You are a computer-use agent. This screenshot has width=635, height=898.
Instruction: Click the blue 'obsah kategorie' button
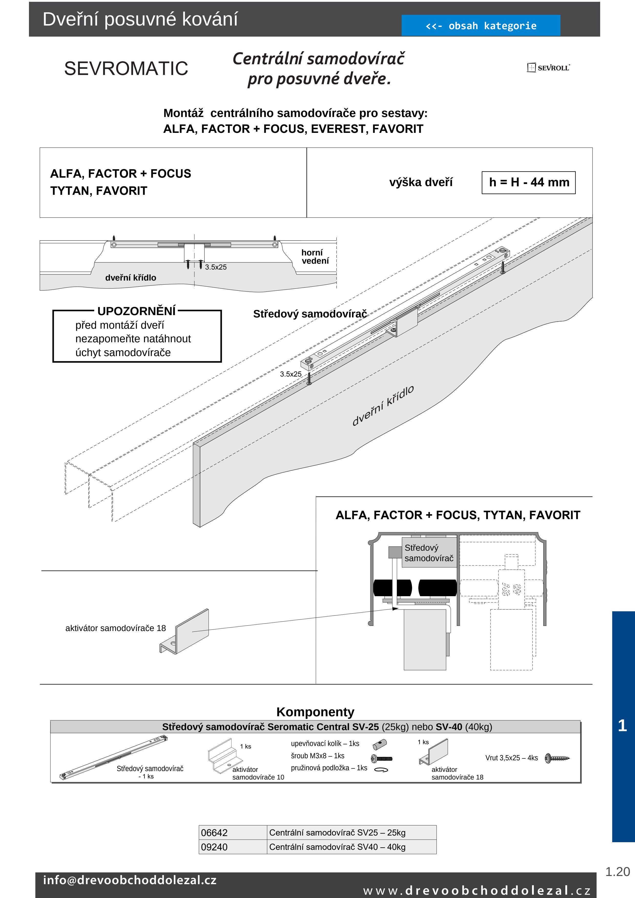[481, 26]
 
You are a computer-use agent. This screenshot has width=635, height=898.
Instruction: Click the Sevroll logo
[548, 68]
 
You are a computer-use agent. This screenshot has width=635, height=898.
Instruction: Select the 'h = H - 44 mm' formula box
[529, 182]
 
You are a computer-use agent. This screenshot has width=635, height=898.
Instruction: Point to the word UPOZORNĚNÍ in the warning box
[137, 311]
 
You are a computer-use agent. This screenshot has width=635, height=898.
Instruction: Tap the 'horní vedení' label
[315, 256]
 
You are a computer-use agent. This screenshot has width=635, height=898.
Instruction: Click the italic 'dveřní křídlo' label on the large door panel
[383, 405]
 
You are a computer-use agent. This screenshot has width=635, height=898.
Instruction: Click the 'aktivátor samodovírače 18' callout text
[116, 628]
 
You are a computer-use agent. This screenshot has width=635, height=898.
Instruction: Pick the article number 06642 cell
[214, 833]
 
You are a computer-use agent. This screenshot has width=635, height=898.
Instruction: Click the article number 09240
[214, 847]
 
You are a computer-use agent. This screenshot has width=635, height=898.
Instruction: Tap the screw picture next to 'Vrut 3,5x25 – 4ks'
[557, 758]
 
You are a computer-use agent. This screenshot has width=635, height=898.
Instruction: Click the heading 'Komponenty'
[315, 712]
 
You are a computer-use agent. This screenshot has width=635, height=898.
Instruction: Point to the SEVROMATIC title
[126, 68]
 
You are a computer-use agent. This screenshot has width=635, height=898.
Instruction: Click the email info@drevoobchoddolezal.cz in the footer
[130, 880]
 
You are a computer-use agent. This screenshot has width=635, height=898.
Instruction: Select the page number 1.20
[617, 872]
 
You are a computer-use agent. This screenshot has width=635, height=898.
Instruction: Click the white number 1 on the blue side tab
[622, 725]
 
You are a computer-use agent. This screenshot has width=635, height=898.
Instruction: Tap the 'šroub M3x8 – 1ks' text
[317, 756]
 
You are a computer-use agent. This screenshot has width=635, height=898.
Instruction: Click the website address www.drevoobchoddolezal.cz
[476, 891]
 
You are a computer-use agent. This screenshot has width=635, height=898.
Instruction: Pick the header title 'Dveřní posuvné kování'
[140, 19]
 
